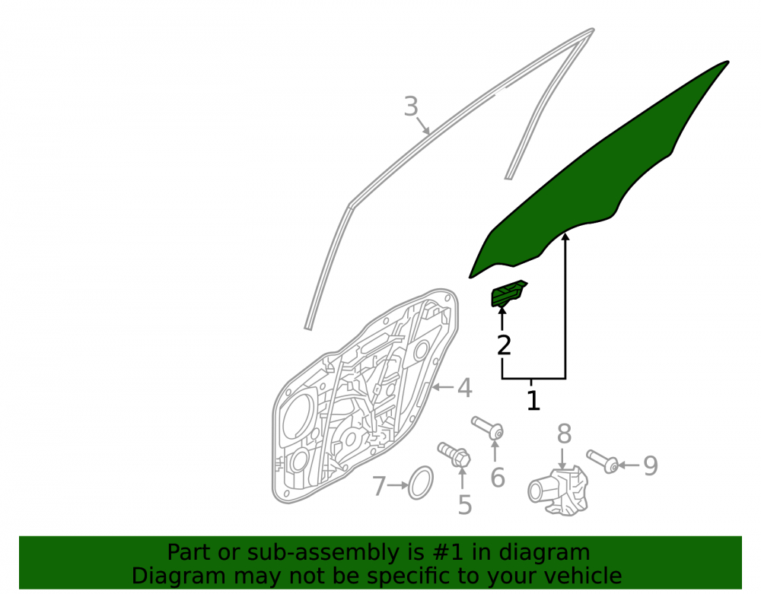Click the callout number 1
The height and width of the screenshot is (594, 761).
coord(533,401)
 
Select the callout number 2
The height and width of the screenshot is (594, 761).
coord(505,345)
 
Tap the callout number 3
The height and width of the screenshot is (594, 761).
coord(411,106)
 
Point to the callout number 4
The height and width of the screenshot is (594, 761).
coord(464,388)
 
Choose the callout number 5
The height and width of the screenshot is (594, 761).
coord(464,505)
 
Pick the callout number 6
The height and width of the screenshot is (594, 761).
coord(498,478)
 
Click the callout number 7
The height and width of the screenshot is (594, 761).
coord(378,486)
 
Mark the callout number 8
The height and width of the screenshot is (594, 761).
coord(563,434)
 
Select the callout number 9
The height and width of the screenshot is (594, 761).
coord(651,465)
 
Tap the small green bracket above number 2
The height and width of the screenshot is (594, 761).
coord(508,294)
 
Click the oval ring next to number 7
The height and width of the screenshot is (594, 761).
coord(420,483)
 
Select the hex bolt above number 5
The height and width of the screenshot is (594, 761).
coord(454,454)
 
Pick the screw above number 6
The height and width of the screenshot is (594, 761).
coord(488,427)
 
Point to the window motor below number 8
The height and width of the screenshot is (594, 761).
coord(558,490)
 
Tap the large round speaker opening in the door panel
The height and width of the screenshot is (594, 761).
coord(297,416)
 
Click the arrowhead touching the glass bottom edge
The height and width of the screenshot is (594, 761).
coord(565,237)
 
